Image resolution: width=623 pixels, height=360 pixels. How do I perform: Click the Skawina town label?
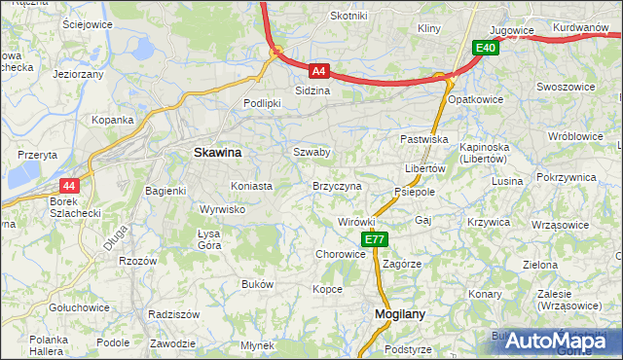coord(218,153)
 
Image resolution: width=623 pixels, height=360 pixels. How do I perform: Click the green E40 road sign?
coord(486,48)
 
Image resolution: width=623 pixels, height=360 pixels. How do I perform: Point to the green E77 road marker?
coord(375,239)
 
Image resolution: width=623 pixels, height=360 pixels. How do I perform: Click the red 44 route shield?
coord(68,185)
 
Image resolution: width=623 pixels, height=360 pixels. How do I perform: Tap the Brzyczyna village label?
coord(337,185)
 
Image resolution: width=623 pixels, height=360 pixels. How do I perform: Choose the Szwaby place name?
coord(311,152)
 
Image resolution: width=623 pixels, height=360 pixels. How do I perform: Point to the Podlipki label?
coord(262,102)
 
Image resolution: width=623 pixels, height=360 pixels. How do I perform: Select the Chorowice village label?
coord(340,254)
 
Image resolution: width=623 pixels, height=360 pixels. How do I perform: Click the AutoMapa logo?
coord(555,341)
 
